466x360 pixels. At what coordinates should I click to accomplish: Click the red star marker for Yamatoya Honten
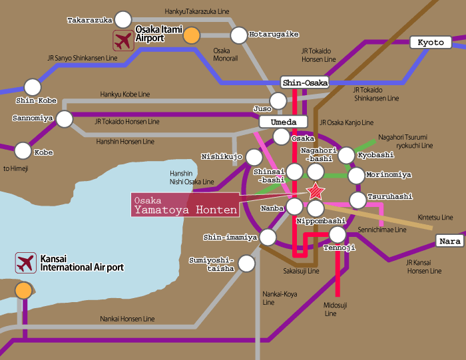[x=316, y=192]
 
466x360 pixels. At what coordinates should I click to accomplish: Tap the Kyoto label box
[x=431, y=42]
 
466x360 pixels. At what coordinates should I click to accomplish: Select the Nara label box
[x=450, y=241]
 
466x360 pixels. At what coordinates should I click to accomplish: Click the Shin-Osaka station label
[x=305, y=83]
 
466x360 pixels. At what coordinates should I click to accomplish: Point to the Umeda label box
[x=288, y=122]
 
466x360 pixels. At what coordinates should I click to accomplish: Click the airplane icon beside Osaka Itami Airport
[x=122, y=41]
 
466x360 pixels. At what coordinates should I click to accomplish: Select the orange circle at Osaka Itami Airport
[x=192, y=36]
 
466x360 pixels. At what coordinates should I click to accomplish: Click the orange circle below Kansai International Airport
[x=24, y=290]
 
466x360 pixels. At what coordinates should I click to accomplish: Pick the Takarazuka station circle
[x=123, y=19]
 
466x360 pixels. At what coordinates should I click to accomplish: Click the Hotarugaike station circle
[x=238, y=35]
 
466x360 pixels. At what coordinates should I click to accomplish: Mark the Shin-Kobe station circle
[x=32, y=87]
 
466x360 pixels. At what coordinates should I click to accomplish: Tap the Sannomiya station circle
[x=65, y=119]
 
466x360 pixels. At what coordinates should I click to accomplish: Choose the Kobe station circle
[x=23, y=150]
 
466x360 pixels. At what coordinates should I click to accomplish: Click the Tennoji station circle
[x=338, y=234]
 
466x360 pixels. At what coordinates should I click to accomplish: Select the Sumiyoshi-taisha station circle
[x=247, y=263]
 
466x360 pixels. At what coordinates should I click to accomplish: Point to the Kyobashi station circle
[x=346, y=155]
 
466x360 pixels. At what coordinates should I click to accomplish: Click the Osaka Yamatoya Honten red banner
[x=184, y=204]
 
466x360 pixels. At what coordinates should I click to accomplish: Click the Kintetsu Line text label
[x=437, y=217]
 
